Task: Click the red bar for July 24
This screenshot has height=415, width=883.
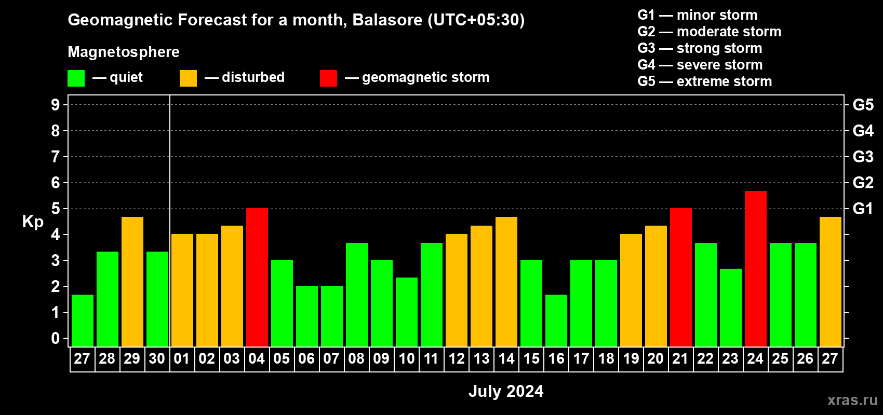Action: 756,269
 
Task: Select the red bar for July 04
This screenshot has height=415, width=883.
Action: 257,277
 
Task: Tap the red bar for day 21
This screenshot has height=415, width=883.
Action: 681,277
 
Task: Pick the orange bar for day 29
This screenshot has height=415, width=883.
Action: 132,282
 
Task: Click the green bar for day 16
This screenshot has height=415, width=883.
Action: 556,321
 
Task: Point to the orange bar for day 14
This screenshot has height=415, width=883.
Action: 506,282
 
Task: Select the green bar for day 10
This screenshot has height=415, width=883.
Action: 407,312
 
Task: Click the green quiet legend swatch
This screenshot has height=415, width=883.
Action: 76,78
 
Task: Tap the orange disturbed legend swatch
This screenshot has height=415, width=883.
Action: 188,78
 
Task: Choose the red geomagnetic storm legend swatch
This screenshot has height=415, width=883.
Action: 328,78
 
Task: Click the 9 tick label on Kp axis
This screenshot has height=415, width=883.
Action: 55,105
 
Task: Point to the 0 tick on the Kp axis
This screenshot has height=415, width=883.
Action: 55,338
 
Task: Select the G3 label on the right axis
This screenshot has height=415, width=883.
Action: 863,157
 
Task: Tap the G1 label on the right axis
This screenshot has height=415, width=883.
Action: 863,209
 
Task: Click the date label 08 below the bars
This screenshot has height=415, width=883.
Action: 356,358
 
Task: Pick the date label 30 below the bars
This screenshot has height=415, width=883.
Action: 157,358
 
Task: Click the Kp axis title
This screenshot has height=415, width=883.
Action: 33,222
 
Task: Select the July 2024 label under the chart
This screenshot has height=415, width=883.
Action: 506,391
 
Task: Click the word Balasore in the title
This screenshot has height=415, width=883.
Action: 387,20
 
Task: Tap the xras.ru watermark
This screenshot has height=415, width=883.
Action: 852,400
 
